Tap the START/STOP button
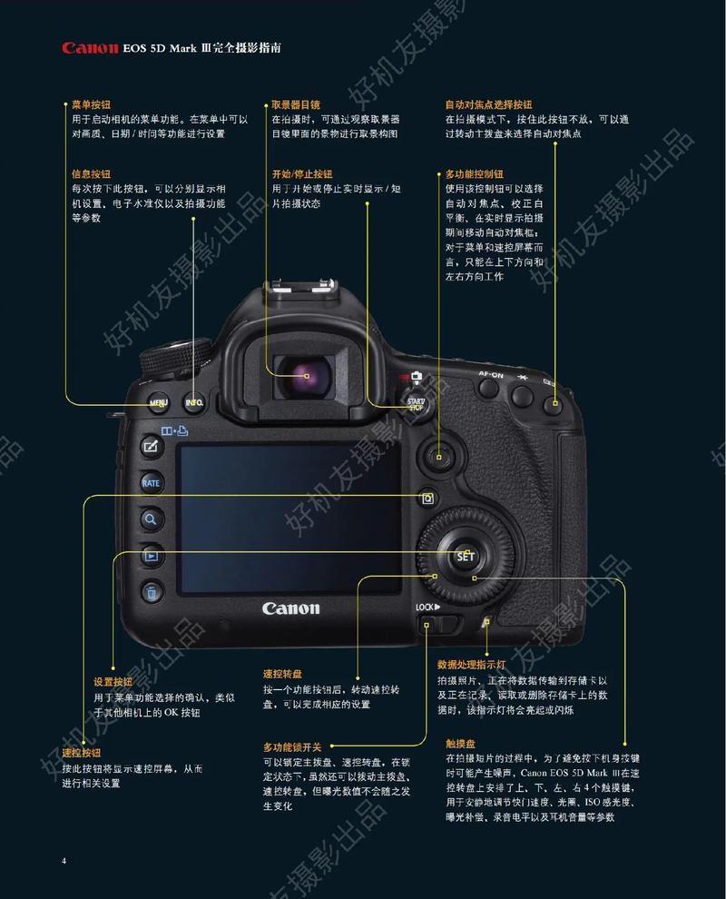click(x=416, y=403)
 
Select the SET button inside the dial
click(x=466, y=556)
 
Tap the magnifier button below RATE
click(x=151, y=519)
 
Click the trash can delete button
click(x=152, y=593)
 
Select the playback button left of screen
click(x=151, y=556)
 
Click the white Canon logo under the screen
click(x=290, y=608)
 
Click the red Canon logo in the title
click(x=90, y=48)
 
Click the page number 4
click(x=64, y=860)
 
